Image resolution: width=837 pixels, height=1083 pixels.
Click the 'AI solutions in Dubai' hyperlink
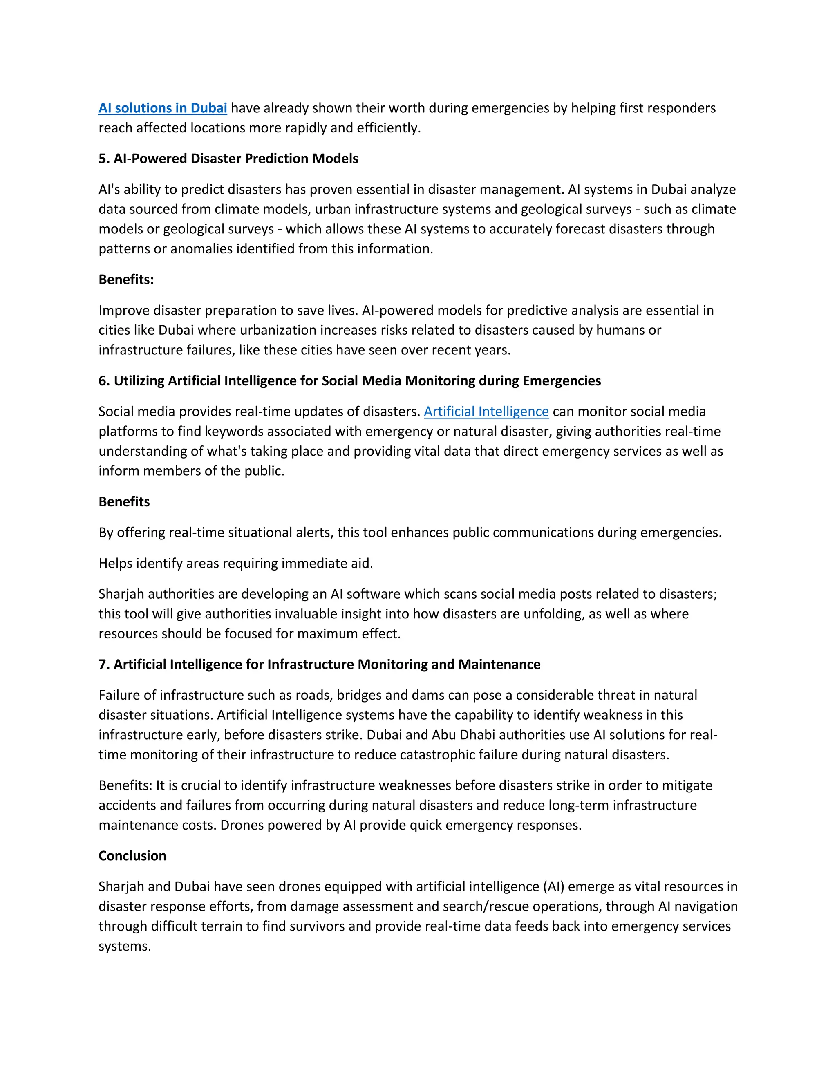(163, 108)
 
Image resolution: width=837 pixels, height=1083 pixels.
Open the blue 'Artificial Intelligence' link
(486, 412)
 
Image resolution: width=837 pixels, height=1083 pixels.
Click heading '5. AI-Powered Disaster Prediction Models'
(228, 159)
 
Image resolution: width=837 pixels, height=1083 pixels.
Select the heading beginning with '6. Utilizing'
(349, 381)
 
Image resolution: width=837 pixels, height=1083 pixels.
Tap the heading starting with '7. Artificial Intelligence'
(319, 665)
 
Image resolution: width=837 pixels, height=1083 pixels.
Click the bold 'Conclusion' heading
(132, 856)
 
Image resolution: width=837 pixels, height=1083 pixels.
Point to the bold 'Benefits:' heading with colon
(126, 280)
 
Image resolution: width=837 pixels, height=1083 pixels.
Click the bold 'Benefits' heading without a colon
(124, 502)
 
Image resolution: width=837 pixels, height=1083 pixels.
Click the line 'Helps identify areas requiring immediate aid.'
(235, 563)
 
